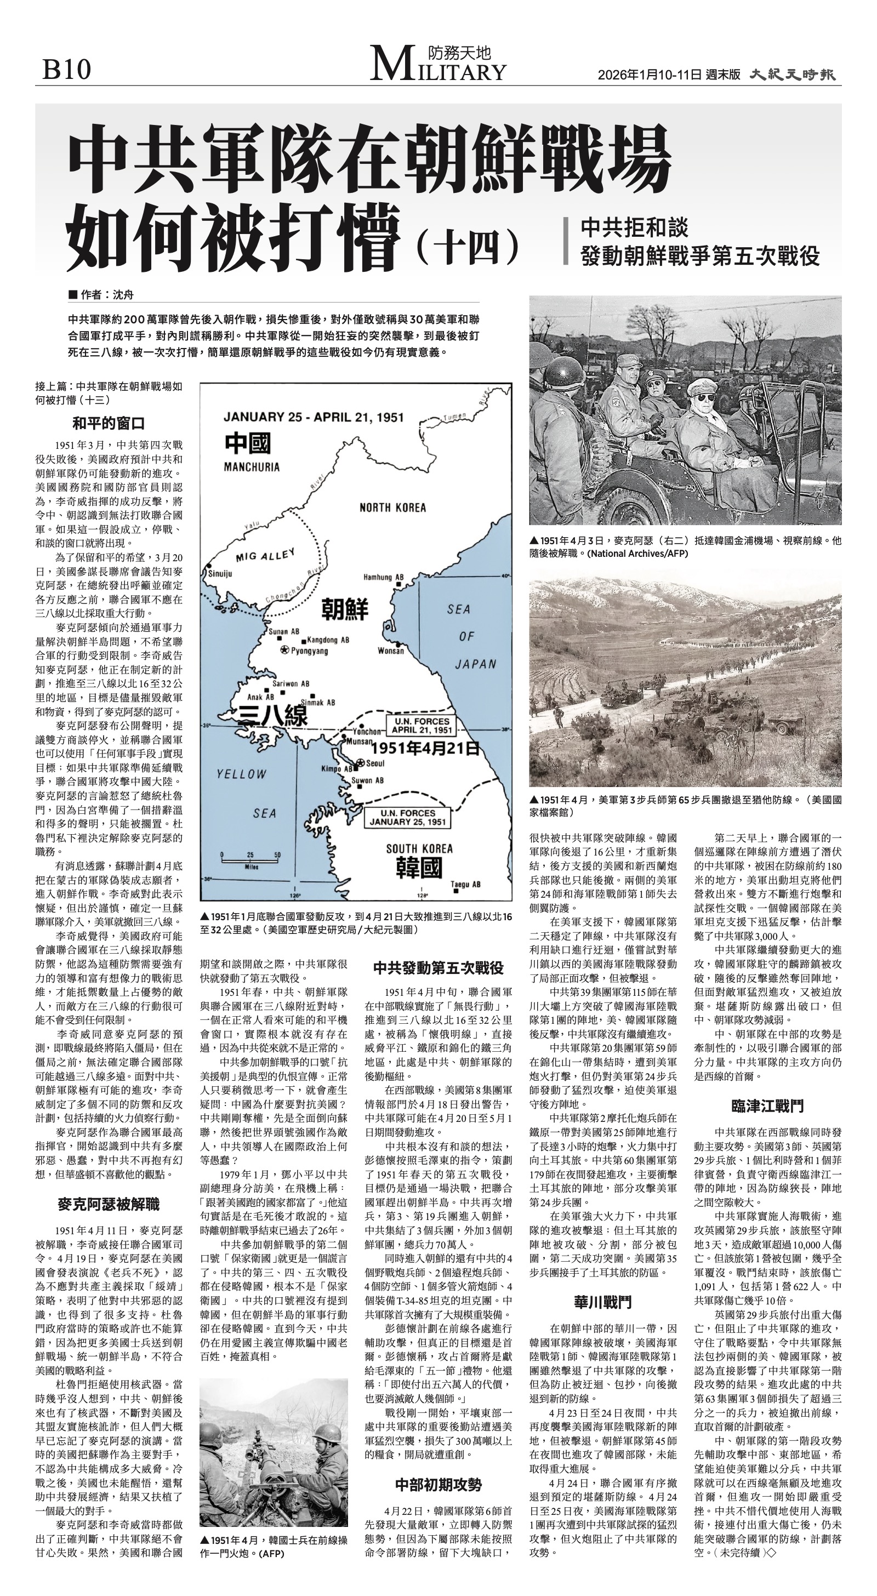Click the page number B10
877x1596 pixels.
pos(66,70)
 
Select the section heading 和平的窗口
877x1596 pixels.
pos(109,424)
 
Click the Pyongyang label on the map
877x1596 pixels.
pos(309,651)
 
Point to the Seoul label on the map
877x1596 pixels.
pos(375,763)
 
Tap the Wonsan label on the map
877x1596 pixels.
pos(390,651)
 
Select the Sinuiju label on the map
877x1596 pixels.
pos(219,574)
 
